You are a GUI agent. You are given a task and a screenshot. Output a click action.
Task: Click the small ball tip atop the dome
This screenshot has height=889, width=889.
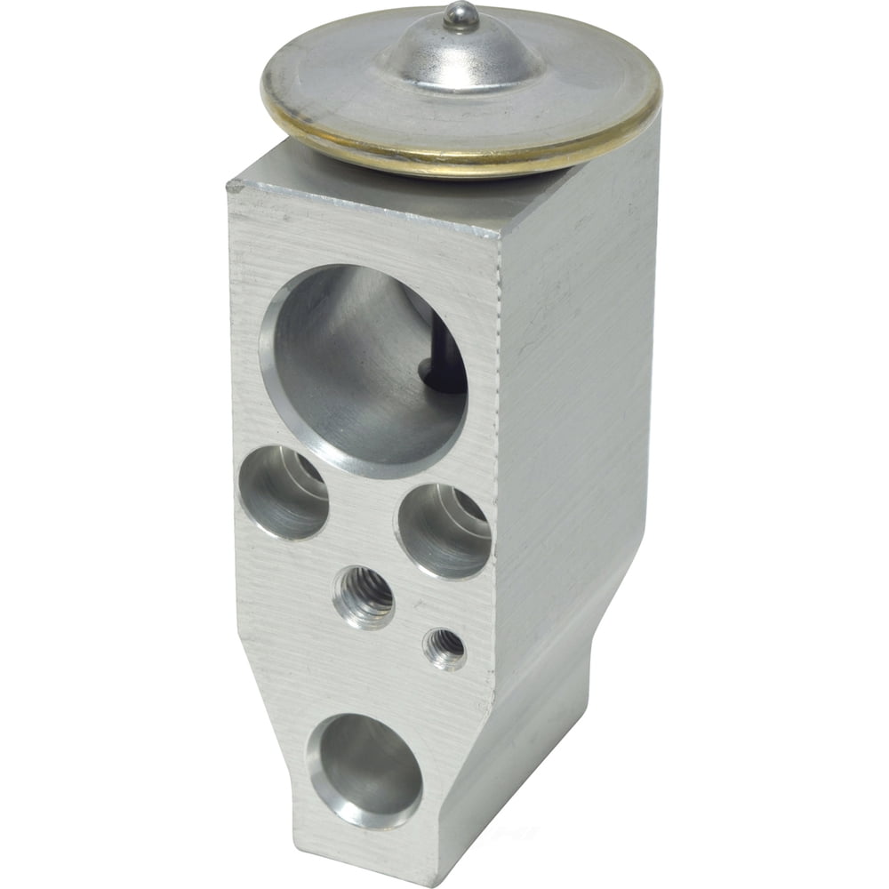pyautogui.click(x=460, y=14)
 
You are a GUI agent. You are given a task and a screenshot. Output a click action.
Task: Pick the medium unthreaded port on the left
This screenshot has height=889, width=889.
pyautogui.click(x=284, y=492)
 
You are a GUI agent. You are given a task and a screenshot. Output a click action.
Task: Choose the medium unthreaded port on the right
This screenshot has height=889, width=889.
pyautogui.click(x=443, y=530)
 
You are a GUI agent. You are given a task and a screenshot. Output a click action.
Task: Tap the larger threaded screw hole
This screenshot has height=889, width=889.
pyautogui.click(x=364, y=597)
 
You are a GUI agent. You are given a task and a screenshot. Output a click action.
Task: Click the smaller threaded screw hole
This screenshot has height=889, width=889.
pyautogui.click(x=444, y=648)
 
